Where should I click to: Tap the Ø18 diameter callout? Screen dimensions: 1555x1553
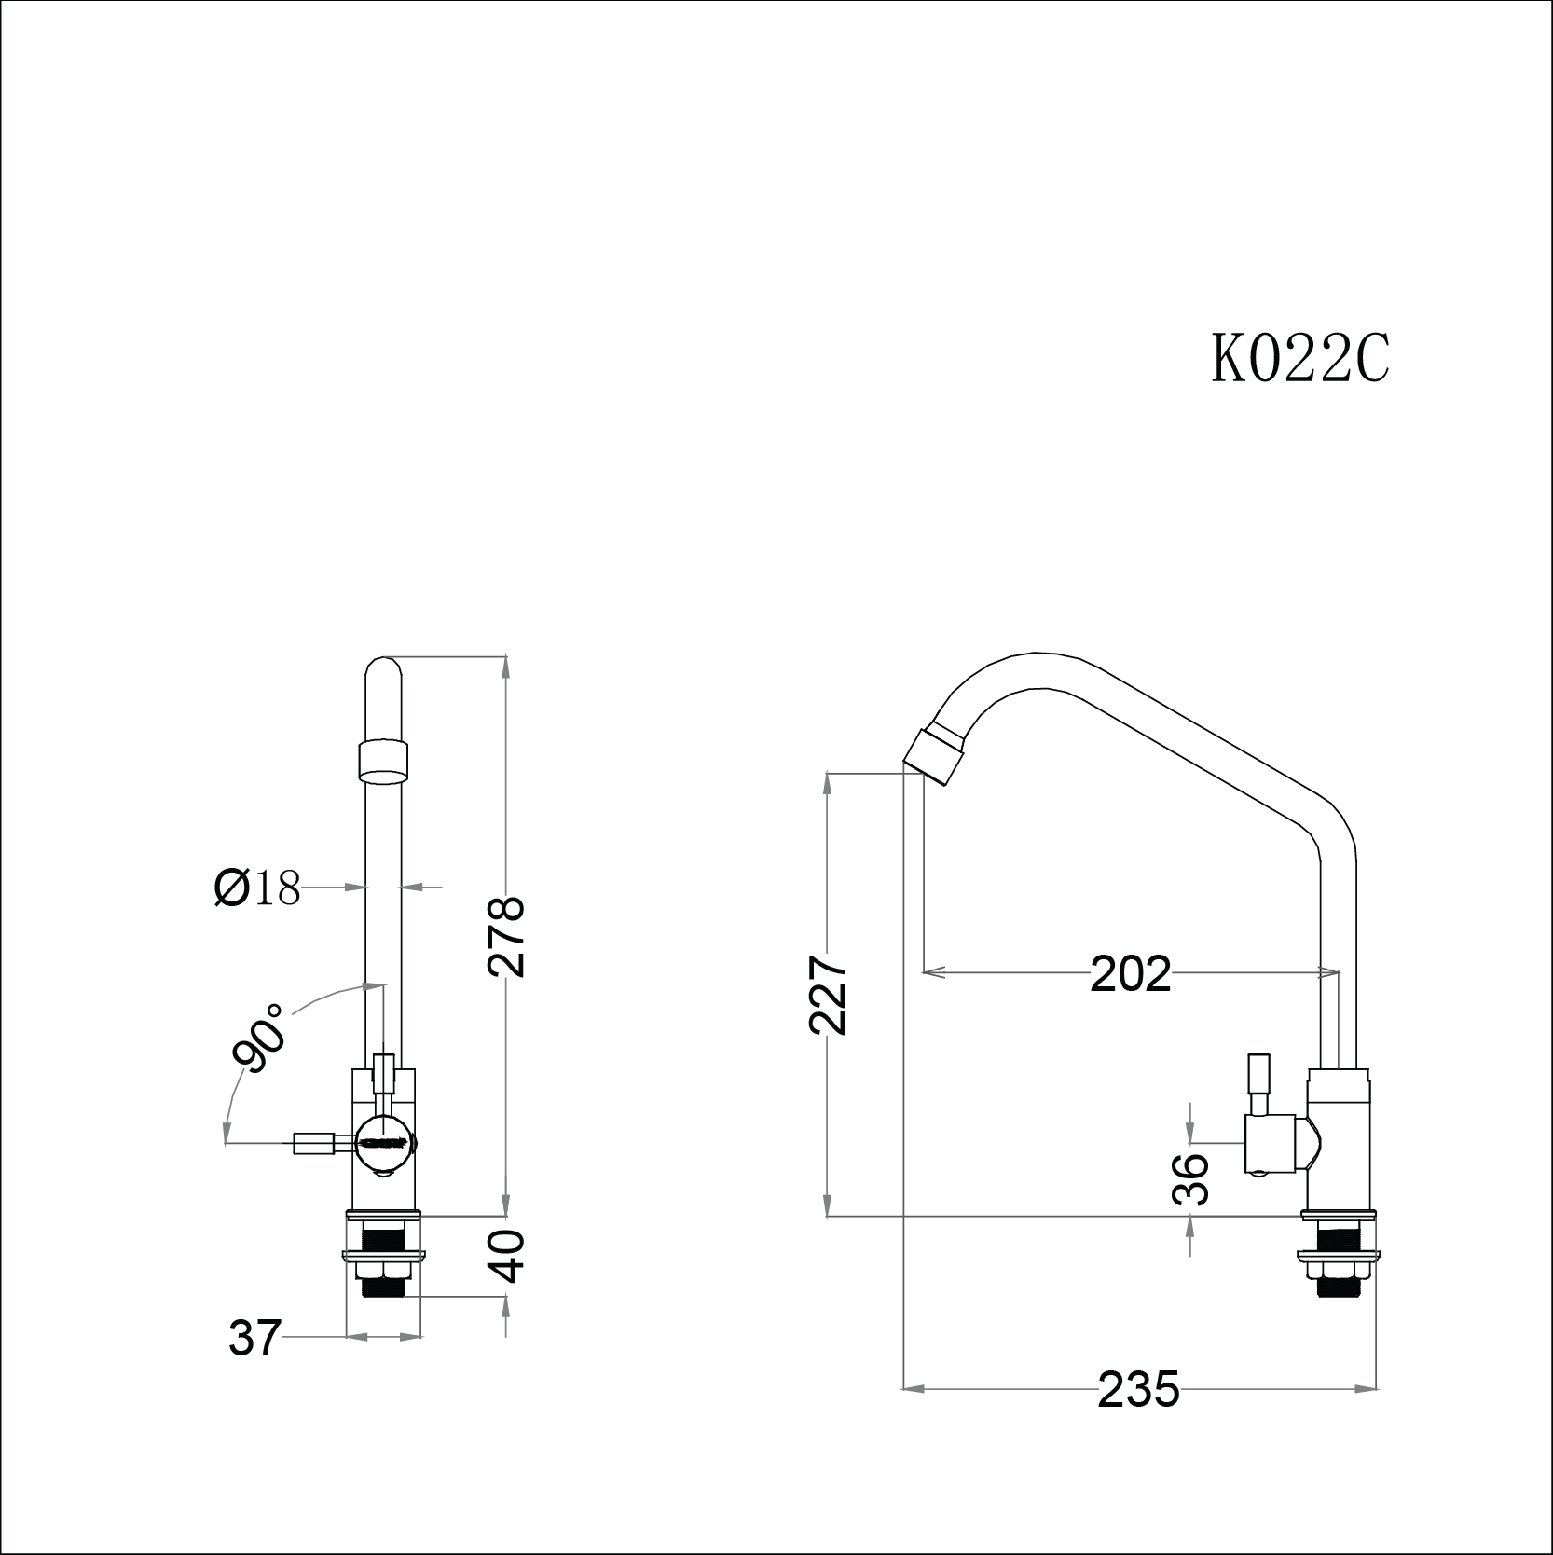point(257,888)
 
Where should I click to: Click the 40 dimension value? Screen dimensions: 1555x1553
point(508,1255)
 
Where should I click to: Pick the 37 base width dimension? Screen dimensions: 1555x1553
point(254,1340)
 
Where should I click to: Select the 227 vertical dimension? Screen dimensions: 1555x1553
point(828,994)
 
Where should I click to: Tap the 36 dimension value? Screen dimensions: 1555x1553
point(1190,1179)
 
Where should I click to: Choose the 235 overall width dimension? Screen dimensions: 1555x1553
point(1138,1415)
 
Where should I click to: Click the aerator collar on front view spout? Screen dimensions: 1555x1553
point(384,759)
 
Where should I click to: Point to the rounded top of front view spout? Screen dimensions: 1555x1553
point(384,671)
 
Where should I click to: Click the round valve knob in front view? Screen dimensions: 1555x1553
point(383,1143)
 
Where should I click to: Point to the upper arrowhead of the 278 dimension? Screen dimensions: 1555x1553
point(506,664)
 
